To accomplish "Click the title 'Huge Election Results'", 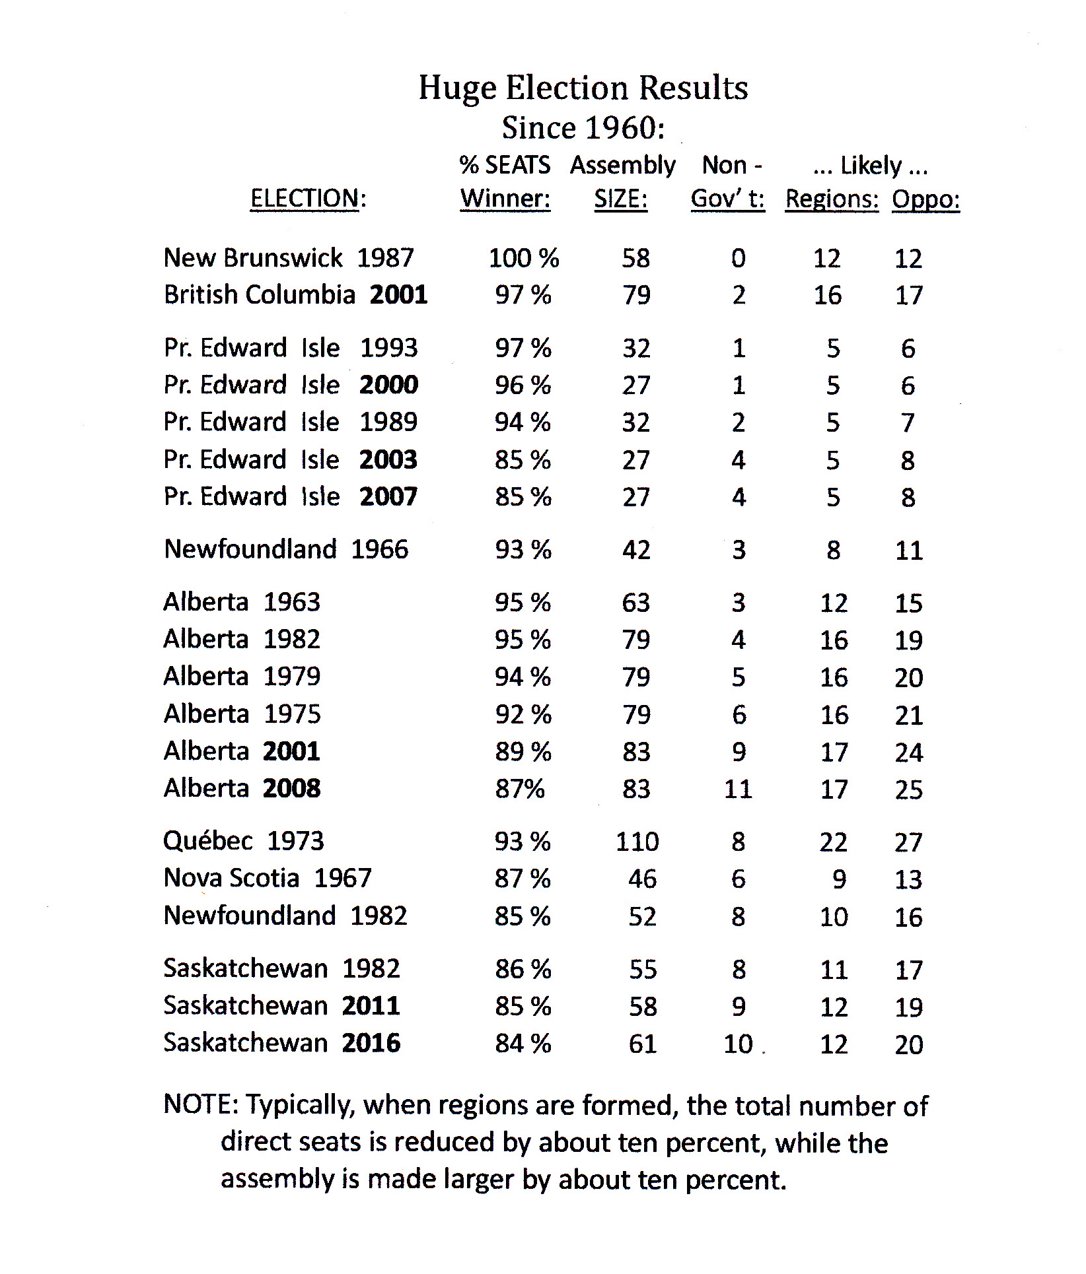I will click(x=583, y=88).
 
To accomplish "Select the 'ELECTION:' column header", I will click(x=308, y=198).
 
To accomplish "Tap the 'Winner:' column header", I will click(x=505, y=198).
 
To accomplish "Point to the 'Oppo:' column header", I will click(x=925, y=199).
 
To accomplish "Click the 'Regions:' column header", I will click(x=832, y=199).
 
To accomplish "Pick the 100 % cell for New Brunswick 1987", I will click(x=523, y=258).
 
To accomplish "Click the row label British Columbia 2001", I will click(x=295, y=294).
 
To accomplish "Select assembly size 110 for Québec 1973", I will click(x=637, y=842).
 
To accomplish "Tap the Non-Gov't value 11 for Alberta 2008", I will click(x=738, y=789).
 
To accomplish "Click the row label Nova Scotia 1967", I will click(x=268, y=878).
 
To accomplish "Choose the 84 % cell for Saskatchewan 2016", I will click(x=523, y=1044).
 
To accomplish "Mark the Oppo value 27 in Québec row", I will click(x=908, y=842).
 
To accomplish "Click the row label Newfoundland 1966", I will click(x=286, y=549).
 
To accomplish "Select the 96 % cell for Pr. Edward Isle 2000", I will click(x=523, y=385).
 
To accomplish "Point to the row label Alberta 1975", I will click(x=242, y=714).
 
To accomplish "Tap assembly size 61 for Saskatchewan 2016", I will click(x=642, y=1044).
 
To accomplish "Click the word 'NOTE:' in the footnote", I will click(x=201, y=1104).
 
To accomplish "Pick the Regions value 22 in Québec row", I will click(x=833, y=842).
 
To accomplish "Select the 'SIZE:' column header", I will click(x=620, y=198).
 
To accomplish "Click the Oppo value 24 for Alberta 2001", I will click(x=908, y=752).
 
